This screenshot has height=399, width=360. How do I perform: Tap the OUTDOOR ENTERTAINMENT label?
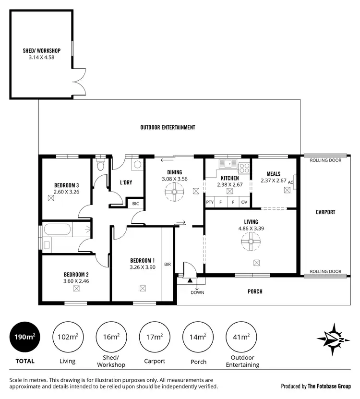(x=168, y=128)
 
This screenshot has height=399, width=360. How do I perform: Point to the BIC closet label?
(x=135, y=204)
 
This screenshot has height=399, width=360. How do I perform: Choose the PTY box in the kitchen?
(x=210, y=202)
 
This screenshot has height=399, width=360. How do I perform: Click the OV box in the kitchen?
(x=245, y=202)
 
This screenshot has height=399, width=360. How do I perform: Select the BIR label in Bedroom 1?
(x=168, y=264)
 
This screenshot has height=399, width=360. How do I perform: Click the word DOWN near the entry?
(x=197, y=292)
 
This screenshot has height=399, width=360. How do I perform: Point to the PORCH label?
(x=255, y=291)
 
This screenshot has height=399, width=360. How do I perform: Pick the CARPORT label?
(x=325, y=212)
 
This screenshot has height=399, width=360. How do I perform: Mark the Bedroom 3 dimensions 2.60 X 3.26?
(x=66, y=192)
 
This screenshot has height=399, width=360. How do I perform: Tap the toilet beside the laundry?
(x=100, y=166)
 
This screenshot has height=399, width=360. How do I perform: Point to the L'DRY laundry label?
(x=126, y=182)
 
